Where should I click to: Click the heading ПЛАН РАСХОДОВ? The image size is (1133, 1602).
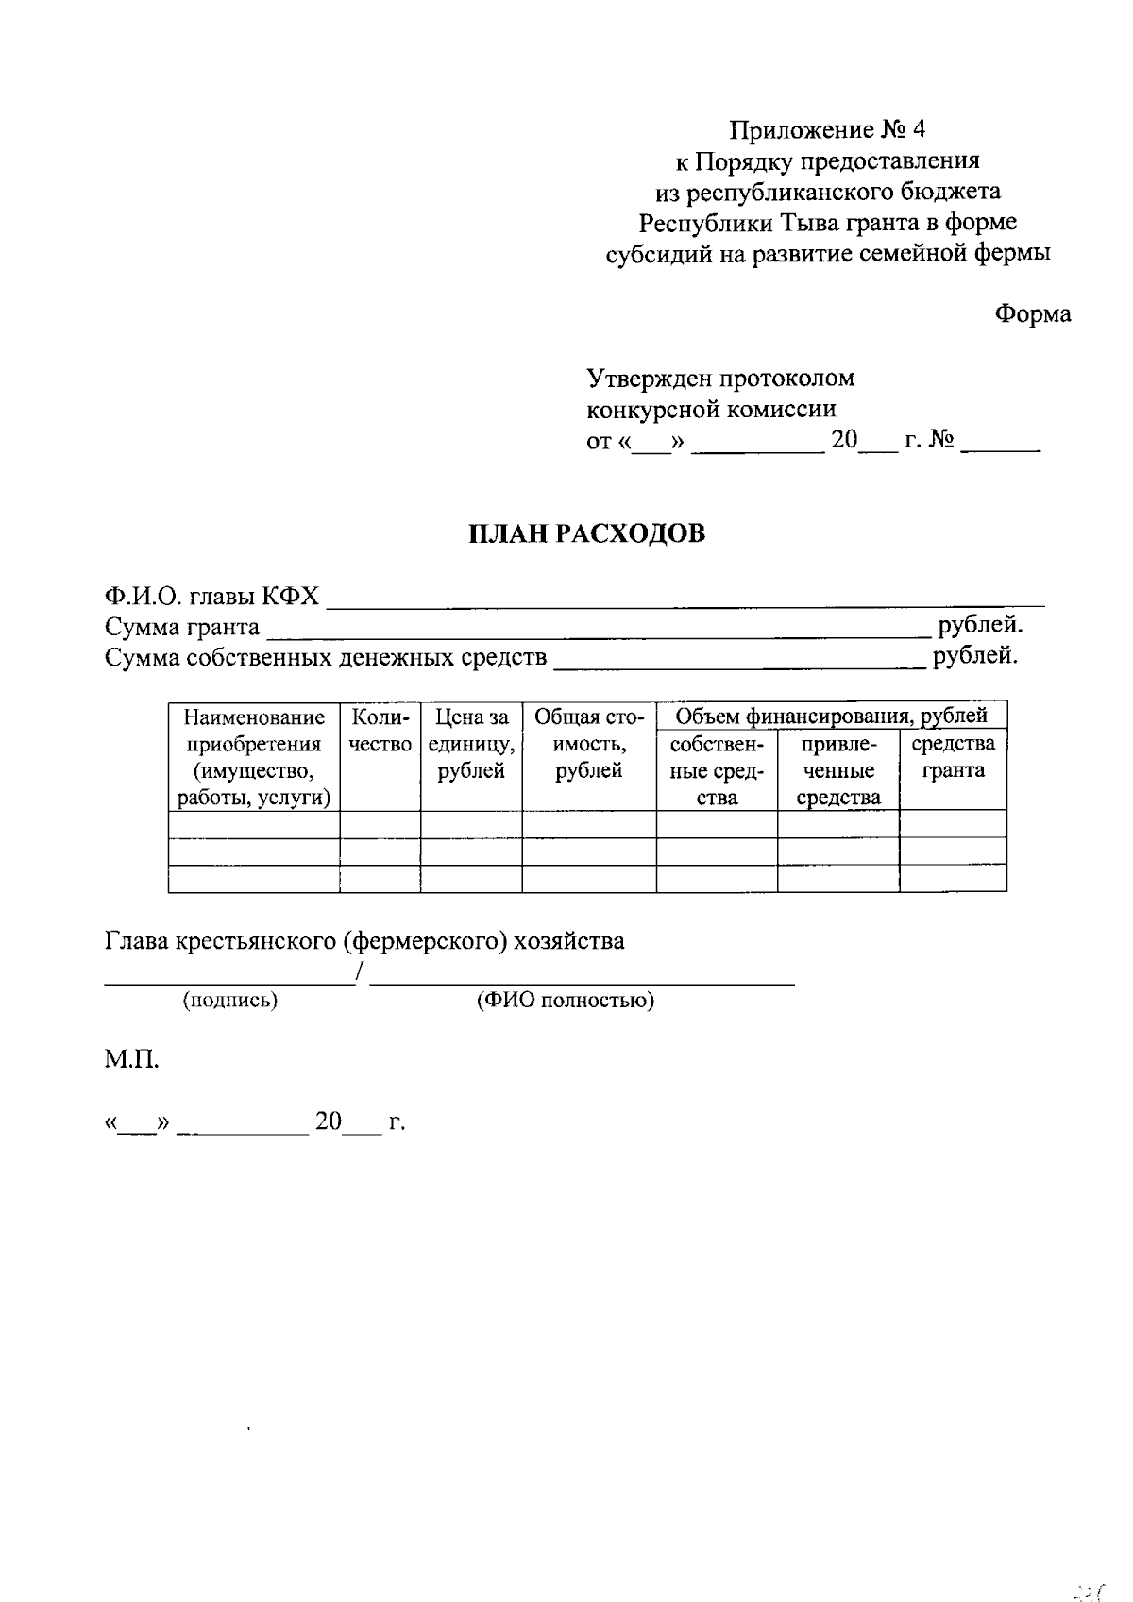[x=587, y=534]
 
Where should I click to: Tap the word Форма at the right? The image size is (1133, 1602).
[x=1033, y=314]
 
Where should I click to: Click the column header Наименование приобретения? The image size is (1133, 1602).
[x=254, y=757]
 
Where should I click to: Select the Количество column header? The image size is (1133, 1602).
[x=380, y=732]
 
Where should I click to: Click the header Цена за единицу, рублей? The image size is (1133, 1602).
[x=471, y=744]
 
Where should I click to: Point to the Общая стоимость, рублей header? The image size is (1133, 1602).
[x=588, y=744]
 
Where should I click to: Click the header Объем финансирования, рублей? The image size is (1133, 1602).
[x=831, y=716]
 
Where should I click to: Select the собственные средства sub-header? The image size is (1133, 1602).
[x=716, y=770]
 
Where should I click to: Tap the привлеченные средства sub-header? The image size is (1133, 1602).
[x=837, y=770]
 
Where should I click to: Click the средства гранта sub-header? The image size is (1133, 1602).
[x=953, y=757]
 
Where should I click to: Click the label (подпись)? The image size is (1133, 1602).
[x=229, y=1001]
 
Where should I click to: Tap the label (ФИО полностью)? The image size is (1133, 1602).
[x=565, y=1001]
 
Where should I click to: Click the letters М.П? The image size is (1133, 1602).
[x=131, y=1059]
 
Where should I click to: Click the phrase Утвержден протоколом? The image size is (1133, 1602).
[x=720, y=379]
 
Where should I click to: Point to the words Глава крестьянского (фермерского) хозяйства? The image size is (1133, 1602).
[x=364, y=941]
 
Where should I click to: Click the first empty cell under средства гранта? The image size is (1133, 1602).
[x=953, y=824]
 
